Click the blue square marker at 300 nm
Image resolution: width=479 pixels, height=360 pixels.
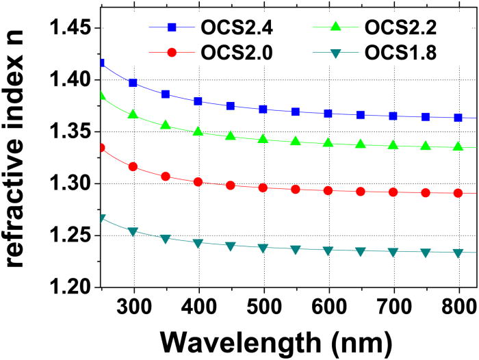(133, 83)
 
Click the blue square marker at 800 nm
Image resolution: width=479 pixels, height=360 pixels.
(458, 118)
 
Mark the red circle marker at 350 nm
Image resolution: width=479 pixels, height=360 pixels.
(165, 177)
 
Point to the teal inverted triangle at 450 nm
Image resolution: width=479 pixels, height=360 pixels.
(230, 246)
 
